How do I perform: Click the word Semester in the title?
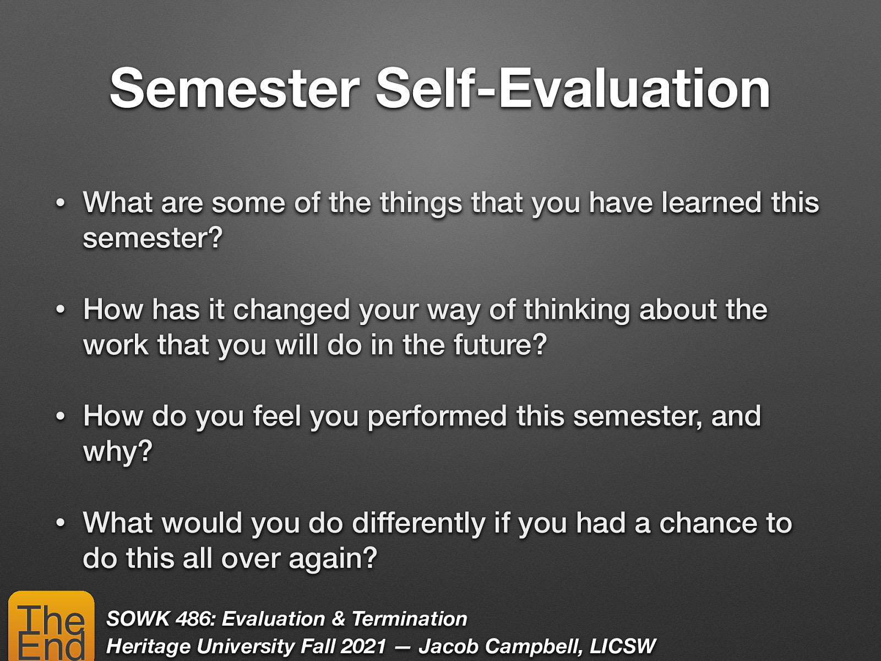click(x=235, y=89)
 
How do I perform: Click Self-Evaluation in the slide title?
click(x=573, y=89)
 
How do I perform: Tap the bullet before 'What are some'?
click(x=61, y=203)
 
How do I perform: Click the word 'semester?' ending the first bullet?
click(x=153, y=238)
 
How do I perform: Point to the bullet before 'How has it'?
click(x=61, y=310)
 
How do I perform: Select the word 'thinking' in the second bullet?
click(x=577, y=310)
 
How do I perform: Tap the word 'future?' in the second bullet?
click(x=500, y=345)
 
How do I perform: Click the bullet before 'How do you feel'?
click(x=61, y=416)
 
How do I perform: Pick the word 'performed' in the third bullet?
click(x=437, y=417)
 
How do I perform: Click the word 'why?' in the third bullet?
click(x=117, y=452)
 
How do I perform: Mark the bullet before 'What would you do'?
click(x=61, y=523)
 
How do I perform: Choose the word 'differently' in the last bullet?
click(x=418, y=523)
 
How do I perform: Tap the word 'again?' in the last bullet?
click(x=333, y=559)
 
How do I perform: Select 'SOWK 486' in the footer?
click(x=160, y=619)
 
